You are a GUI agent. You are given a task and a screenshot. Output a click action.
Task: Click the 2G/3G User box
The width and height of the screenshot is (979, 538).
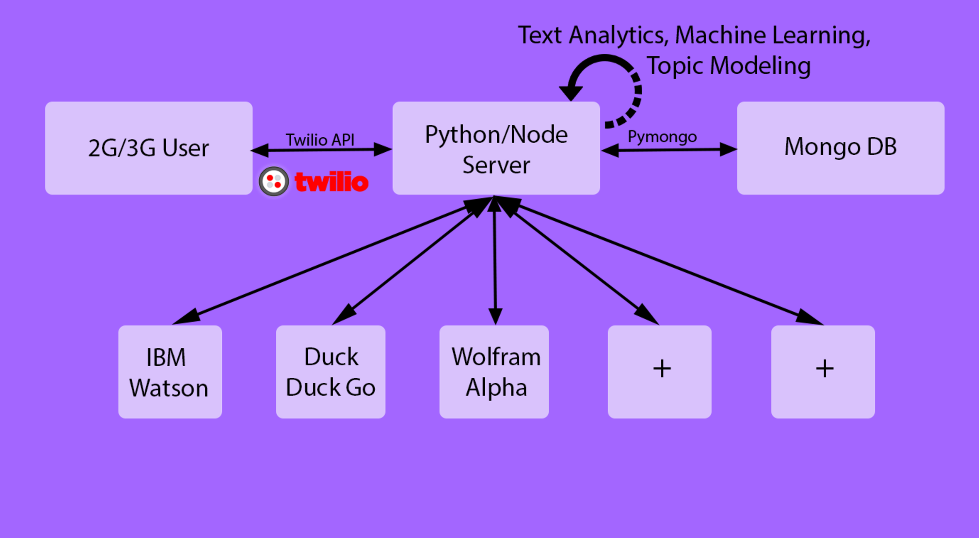point(148,148)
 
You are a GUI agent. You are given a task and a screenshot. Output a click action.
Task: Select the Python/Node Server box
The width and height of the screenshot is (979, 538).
point(496,148)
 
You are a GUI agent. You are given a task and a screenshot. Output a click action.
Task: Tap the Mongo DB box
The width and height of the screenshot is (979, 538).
point(840,148)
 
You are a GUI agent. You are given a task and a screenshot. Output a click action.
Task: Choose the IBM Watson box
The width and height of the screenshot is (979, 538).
point(170,372)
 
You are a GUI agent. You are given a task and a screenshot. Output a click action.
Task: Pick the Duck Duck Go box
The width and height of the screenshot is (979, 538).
point(330,372)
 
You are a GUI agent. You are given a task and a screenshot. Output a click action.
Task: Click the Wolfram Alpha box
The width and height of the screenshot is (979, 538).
point(494,372)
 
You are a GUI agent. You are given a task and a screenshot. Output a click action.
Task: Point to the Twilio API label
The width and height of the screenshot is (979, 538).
point(320,140)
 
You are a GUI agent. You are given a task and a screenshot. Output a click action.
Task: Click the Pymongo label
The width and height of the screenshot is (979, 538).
point(662,137)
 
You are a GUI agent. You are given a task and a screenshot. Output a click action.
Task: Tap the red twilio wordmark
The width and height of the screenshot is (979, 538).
point(331,182)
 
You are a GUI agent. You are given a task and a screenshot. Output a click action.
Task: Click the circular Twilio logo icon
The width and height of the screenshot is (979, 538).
point(274,182)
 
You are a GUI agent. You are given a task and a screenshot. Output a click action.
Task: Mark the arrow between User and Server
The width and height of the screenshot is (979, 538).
point(321,150)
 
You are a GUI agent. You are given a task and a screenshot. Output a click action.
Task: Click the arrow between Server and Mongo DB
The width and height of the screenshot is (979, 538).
point(669,150)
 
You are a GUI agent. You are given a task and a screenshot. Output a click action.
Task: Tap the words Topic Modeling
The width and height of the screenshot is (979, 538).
point(728,66)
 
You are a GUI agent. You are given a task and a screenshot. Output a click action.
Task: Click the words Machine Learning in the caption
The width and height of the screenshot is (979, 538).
point(772,35)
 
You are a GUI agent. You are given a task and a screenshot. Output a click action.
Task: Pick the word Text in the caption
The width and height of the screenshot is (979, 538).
point(539,35)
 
